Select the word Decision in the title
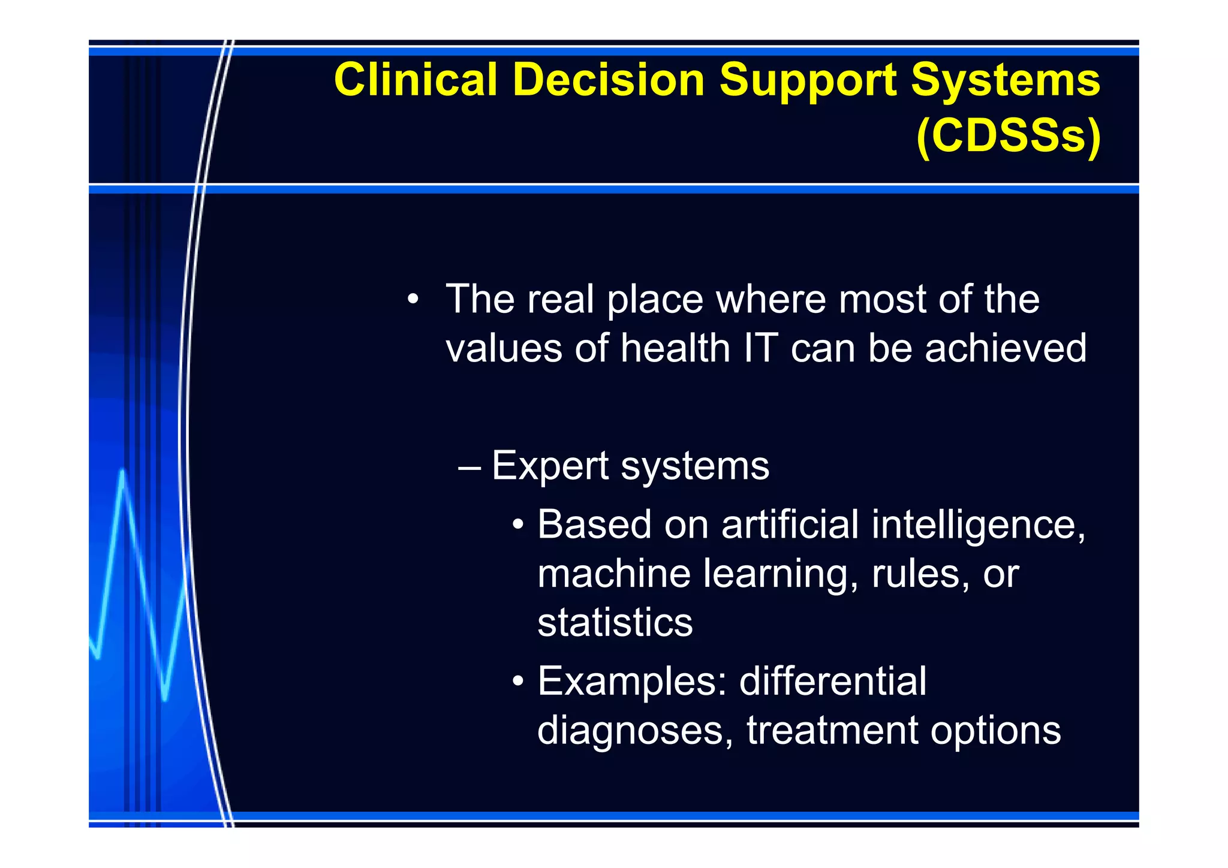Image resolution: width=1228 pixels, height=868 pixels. pyautogui.click(x=608, y=80)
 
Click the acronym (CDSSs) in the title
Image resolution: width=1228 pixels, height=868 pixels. pyautogui.click(x=1009, y=135)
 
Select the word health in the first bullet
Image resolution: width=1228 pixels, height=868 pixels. pyautogui.click(x=675, y=348)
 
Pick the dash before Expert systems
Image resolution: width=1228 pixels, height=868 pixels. pyautogui.click(x=469, y=467)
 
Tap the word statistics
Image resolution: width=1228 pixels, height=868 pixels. pyautogui.click(x=615, y=622)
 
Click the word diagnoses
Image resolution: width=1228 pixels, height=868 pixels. pyautogui.click(x=630, y=731)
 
